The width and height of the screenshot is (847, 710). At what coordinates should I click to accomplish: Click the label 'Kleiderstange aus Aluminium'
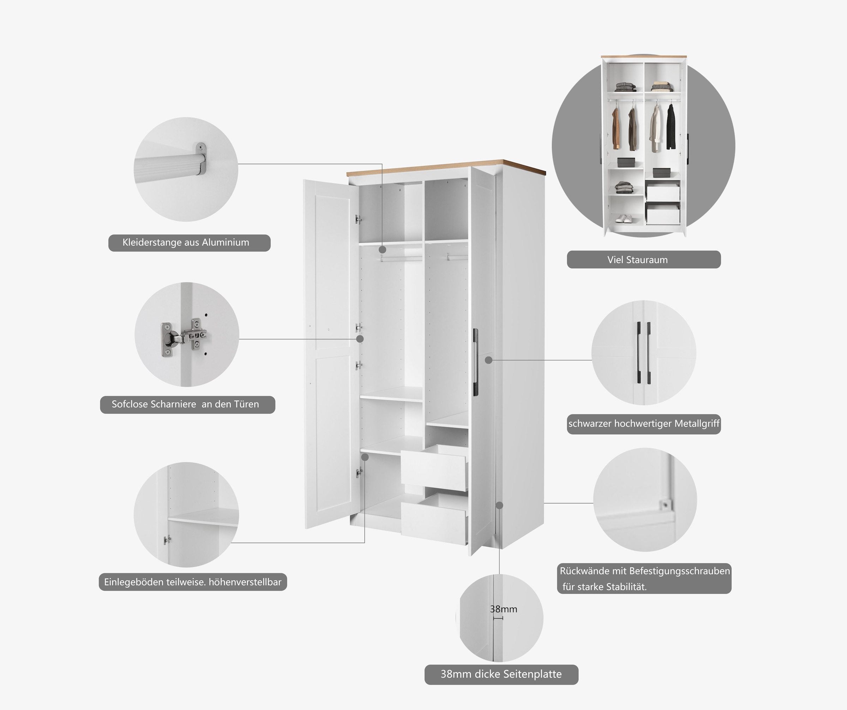tap(186, 243)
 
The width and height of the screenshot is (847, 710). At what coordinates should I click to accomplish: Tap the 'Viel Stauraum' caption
tap(637, 260)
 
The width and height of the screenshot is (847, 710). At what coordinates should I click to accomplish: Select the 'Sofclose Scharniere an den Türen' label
tap(185, 404)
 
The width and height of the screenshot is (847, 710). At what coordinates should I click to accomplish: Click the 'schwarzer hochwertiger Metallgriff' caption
tap(644, 424)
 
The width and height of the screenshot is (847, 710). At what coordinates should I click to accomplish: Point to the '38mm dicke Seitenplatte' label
tap(501, 674)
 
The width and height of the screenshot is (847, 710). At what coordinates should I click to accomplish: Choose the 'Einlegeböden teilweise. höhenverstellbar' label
tap(192, 582)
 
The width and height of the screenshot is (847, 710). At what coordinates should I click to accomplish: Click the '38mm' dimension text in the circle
tap(503, 609)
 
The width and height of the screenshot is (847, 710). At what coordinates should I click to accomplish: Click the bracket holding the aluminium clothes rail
tap(200, 159)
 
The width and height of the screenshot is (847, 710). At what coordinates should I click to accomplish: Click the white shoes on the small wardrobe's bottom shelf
tap(624, 219)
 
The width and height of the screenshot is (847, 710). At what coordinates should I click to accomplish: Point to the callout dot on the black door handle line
tap(488, 360)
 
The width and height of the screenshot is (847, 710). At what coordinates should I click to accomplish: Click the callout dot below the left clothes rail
tap(382, 250)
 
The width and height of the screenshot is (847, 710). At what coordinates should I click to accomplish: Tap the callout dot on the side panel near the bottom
tap(499, 505)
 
